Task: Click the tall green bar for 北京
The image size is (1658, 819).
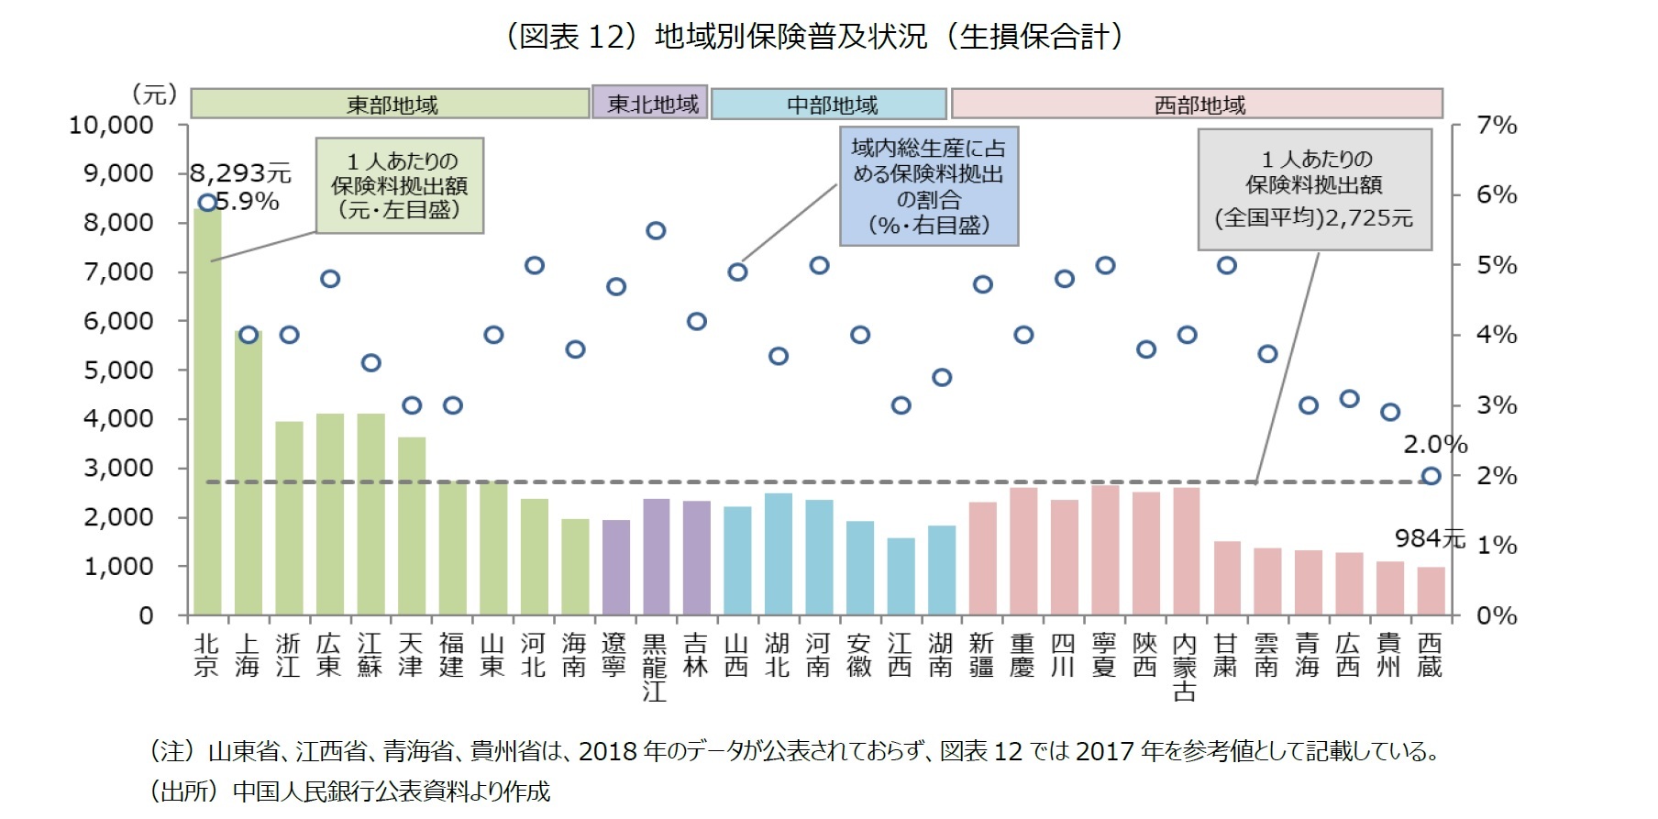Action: point(207,413)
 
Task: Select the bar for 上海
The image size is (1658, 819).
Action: point(248,472)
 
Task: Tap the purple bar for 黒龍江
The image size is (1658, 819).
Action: point(655,556)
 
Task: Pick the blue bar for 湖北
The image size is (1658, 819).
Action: point(778,553)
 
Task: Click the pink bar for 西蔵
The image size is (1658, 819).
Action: point(1431,591)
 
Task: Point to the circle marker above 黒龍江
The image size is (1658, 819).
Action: point(655,230)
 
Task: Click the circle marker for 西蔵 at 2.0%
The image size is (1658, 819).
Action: point(1431,475)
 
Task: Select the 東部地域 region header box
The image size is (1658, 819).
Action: point(390,104)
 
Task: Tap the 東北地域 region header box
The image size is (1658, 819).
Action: point(649,103)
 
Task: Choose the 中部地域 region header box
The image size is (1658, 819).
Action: point(829,104)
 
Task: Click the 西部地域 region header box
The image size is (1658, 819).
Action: point(1197,104)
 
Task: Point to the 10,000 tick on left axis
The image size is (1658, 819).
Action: point(111,125)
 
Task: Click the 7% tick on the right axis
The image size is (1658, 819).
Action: point(1496,125)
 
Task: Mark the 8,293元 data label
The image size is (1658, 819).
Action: point(241,172)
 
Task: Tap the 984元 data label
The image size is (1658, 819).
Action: point(1429,538)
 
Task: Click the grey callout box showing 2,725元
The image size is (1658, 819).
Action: point(1314,190)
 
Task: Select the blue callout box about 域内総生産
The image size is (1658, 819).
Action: point(928,186)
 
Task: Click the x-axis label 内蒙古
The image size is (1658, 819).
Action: point(1185,667)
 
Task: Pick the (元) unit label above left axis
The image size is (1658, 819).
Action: point(154,94)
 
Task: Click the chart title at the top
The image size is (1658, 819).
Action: point(814,37)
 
